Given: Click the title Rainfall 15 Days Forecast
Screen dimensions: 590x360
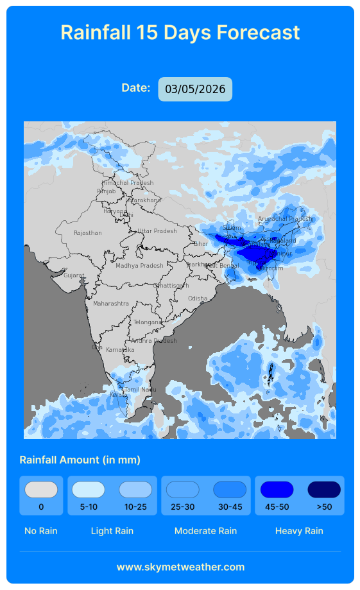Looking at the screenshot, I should (x=180, y=32).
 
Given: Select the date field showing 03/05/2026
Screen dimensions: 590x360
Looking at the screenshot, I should (x=195, y=89).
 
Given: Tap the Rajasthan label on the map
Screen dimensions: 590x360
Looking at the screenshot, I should (x=88, y=233).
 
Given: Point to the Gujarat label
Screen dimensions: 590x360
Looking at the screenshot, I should (x=74, y=275).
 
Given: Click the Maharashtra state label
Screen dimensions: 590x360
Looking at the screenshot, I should (x=111, y=303).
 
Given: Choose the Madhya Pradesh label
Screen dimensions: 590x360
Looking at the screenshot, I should (x=139, y=266).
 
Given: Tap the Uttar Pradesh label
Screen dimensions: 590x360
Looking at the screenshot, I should (x=157, y=231).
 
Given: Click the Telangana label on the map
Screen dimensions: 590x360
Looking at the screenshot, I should (x=148, y=322).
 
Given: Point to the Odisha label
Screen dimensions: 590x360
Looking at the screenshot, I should (x=198, y=299).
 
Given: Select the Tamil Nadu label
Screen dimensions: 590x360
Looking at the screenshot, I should (x=141, y=390).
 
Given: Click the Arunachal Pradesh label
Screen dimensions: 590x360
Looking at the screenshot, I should (x=285, y=219).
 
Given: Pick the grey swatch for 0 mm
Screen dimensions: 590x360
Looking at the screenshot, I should (x=41, y=490).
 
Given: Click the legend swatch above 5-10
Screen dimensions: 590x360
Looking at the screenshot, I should (x=89, y=490).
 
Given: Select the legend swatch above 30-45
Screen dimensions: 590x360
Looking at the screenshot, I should (x=230, y=490).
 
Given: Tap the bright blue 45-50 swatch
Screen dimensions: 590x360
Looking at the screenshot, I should (x=277, y=490).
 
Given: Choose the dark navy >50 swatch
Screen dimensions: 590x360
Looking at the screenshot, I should (x=324, y=490).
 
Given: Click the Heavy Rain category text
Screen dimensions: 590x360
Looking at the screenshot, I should (x=299, y=531).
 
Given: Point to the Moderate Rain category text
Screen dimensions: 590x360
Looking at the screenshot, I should (x=205, y=531).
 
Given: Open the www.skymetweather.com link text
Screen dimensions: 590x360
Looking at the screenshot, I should (x=180, y=567).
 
